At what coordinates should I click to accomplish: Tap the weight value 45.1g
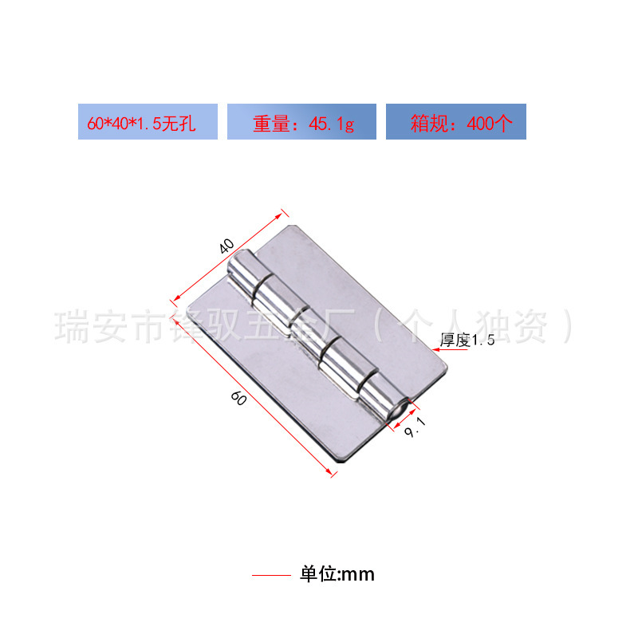326,123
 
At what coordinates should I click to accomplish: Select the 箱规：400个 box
455,122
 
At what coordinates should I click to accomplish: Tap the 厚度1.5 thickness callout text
468,341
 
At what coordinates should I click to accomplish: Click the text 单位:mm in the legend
337,574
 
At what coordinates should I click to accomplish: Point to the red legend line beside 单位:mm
271,574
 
